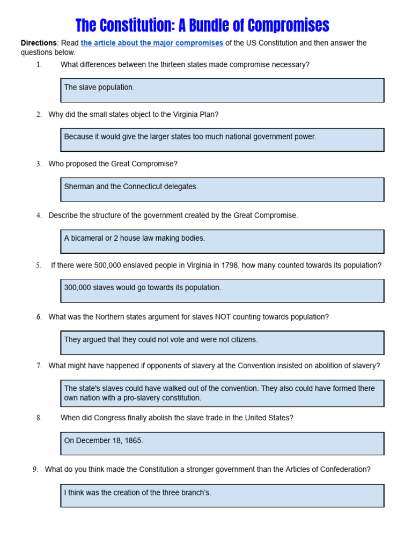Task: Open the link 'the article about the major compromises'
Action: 152,43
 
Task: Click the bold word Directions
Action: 38,43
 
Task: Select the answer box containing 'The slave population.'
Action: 222,90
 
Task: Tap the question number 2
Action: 39,114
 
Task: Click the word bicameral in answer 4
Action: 89,238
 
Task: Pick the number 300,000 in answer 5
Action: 77,287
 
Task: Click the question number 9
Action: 35,469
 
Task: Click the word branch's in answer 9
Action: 196,493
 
